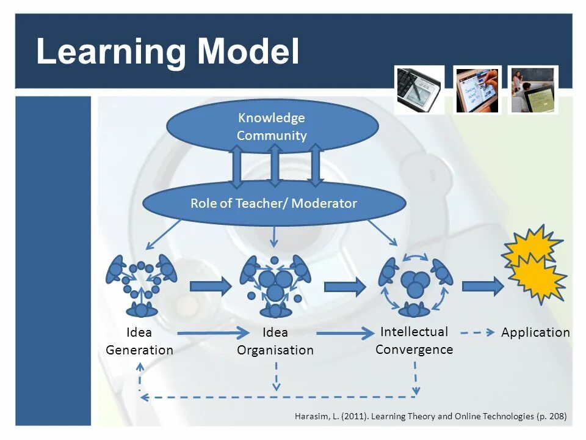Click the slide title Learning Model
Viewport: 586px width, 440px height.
tap(168, 51)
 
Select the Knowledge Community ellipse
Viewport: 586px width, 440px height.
tap(272, 127)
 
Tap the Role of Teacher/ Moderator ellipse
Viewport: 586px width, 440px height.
tap(274, 204)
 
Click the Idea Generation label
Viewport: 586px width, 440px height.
tap(139, 341)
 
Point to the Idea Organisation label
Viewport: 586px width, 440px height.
tap(275, 341)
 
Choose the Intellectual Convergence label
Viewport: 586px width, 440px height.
tap(414, 340)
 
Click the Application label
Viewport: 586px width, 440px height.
tap(535, 332)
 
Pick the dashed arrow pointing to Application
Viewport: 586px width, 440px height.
tap(477, 333)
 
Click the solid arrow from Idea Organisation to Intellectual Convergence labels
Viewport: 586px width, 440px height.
tap(345, 333)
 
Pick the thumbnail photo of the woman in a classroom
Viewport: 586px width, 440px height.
tap(534, 90)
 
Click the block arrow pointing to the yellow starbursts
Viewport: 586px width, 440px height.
tap(482, 286)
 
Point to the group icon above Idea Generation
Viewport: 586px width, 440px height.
tap(141, 284)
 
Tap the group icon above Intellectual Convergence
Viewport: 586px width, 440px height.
tap(415, 284)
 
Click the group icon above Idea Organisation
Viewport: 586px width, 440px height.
tap(275, 285)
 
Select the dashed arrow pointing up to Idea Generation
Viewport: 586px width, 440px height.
tap(140, 376)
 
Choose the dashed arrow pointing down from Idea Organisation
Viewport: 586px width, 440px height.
tap(277, 376)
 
